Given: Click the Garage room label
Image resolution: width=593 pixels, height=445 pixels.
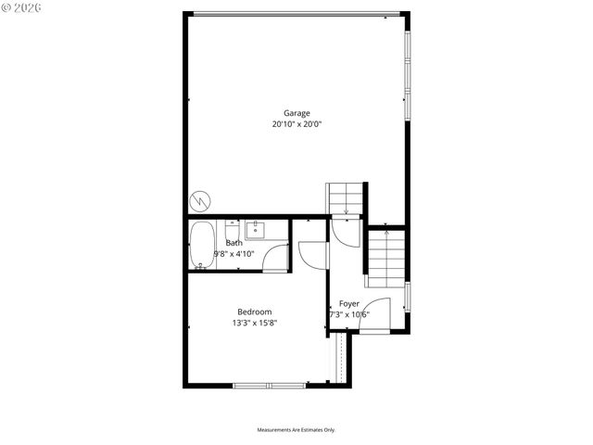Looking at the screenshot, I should point(296,114).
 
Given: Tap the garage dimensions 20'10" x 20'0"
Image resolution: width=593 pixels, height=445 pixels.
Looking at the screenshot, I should point(296,124).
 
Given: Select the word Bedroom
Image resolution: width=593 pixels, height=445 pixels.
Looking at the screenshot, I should point(255,312).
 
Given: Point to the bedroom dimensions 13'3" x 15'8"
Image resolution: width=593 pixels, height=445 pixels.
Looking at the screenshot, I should point(255,324).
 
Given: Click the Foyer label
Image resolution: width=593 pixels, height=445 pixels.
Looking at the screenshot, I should point(348,304).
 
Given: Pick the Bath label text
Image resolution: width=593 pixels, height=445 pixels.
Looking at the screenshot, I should point(233,243).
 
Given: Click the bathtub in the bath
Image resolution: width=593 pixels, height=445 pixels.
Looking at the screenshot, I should point(202,246).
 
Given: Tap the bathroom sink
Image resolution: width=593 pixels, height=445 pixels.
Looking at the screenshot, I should point(255,229).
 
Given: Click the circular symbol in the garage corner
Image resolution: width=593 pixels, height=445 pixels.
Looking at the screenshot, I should point(199,200).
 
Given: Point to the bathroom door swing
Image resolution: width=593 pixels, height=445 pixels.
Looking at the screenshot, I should point(274,257).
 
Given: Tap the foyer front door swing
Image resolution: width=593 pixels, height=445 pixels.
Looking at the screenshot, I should point(374,315).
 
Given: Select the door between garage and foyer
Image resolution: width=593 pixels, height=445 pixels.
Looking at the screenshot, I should point(343,232).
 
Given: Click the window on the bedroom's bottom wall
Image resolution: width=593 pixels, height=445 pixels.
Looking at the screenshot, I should point(269,386).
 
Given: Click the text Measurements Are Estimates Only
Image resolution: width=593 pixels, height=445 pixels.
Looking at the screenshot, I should point(296,430).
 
